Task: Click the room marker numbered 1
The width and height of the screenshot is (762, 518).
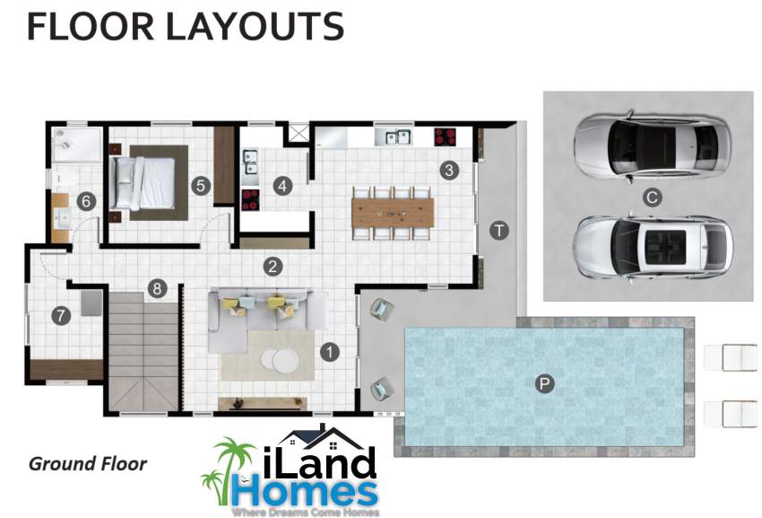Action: coord(330,352)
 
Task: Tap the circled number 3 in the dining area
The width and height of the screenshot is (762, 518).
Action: coord(449,170)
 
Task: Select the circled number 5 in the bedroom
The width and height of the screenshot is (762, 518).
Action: coord(201,186)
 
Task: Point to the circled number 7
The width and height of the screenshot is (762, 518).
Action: coord(61,316)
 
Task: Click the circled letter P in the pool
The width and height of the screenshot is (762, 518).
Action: coord(544,383)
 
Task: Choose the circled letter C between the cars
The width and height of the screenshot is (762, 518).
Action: coord(652,198)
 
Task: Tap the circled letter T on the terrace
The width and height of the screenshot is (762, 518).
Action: coord(499,231)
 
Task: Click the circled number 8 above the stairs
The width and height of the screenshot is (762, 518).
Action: coord(157,289)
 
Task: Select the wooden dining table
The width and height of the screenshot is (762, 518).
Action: coord(393,212)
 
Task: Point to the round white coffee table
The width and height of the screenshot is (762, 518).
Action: coord(281,361)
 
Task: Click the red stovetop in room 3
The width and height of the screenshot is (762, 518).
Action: coord(445,136)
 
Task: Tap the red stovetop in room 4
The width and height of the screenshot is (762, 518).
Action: coord(250,199)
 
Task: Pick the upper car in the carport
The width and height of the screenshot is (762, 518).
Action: coord(652,145)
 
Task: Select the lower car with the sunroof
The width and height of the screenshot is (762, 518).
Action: coord(652,248)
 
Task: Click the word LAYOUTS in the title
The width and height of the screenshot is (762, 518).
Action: coord(255,27)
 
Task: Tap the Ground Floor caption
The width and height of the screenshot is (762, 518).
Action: coord(88,463)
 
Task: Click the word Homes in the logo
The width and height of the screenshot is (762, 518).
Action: coord(305,492)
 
